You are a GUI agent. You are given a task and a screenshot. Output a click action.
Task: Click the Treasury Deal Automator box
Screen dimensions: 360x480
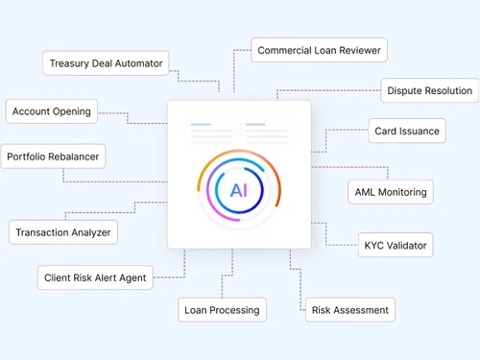(x=107, y=64)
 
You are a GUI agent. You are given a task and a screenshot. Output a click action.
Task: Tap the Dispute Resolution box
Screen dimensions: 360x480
(x=429, y=91)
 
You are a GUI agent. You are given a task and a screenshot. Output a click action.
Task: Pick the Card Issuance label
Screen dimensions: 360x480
(x=406, y=132)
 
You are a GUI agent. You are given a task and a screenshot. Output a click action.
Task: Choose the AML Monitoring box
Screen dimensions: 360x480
(x=389, y=192)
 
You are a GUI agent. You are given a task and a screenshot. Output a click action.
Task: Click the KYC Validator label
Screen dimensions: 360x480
(x=394, y=246)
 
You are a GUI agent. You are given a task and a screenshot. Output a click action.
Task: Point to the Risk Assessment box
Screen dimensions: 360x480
(x=350, y=310)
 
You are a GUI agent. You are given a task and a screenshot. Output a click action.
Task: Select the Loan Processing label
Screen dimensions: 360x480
(x=222, y=310)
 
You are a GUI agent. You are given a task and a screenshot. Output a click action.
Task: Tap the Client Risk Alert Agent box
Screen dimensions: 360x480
(x=95, y=278)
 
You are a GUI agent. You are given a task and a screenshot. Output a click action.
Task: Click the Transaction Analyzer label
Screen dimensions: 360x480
(x=63, y=232)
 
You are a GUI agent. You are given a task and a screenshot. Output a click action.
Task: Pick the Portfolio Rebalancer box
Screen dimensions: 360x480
(x=52, y=156)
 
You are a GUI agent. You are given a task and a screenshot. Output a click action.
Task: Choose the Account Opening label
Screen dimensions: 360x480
(x=52, y=111)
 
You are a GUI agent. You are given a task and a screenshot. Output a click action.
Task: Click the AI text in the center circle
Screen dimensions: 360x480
(x=239, y=189)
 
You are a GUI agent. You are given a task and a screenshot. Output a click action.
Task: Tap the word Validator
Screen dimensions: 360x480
(x=406, y=246)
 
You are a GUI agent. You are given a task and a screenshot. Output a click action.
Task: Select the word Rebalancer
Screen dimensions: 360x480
(x=75, y=156)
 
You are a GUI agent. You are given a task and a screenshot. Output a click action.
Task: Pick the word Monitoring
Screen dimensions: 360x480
(x=403, y=192)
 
